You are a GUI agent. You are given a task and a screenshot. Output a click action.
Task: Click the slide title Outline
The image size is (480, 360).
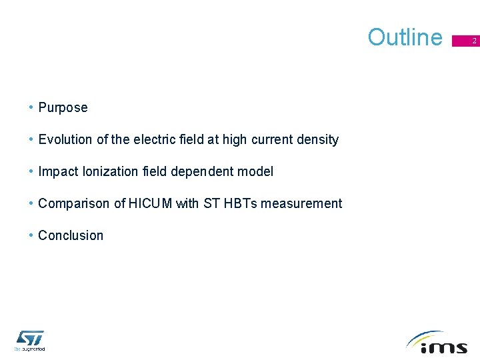click(405, 37)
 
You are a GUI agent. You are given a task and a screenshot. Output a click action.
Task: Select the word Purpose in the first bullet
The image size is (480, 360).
click(63, 107)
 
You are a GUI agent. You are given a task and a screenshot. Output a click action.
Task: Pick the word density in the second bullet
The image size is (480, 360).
click(318, 139)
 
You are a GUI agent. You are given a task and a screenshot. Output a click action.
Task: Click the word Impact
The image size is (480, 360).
click(59, 171)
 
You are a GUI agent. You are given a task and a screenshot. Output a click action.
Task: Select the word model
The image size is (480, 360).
click(255, 171)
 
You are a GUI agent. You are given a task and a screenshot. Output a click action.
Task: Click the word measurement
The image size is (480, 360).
click(301, 203)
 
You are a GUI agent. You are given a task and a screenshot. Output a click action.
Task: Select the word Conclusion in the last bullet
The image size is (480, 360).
click(71, 235)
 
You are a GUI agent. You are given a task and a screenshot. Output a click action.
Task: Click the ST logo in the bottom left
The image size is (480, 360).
click(29, 339)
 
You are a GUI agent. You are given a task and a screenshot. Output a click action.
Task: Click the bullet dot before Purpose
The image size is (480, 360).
click(31, 107)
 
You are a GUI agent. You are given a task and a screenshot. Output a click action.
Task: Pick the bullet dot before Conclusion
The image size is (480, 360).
click(31, 235)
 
